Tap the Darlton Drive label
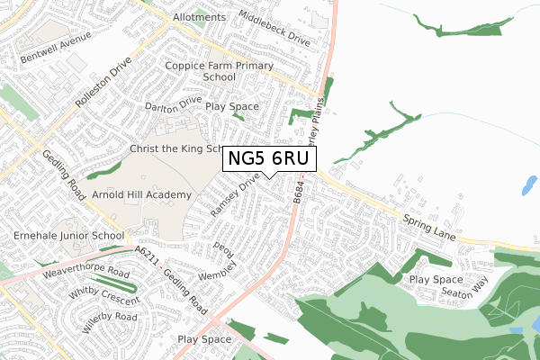pos(174,106)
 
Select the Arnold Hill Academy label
pos(146,195)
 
